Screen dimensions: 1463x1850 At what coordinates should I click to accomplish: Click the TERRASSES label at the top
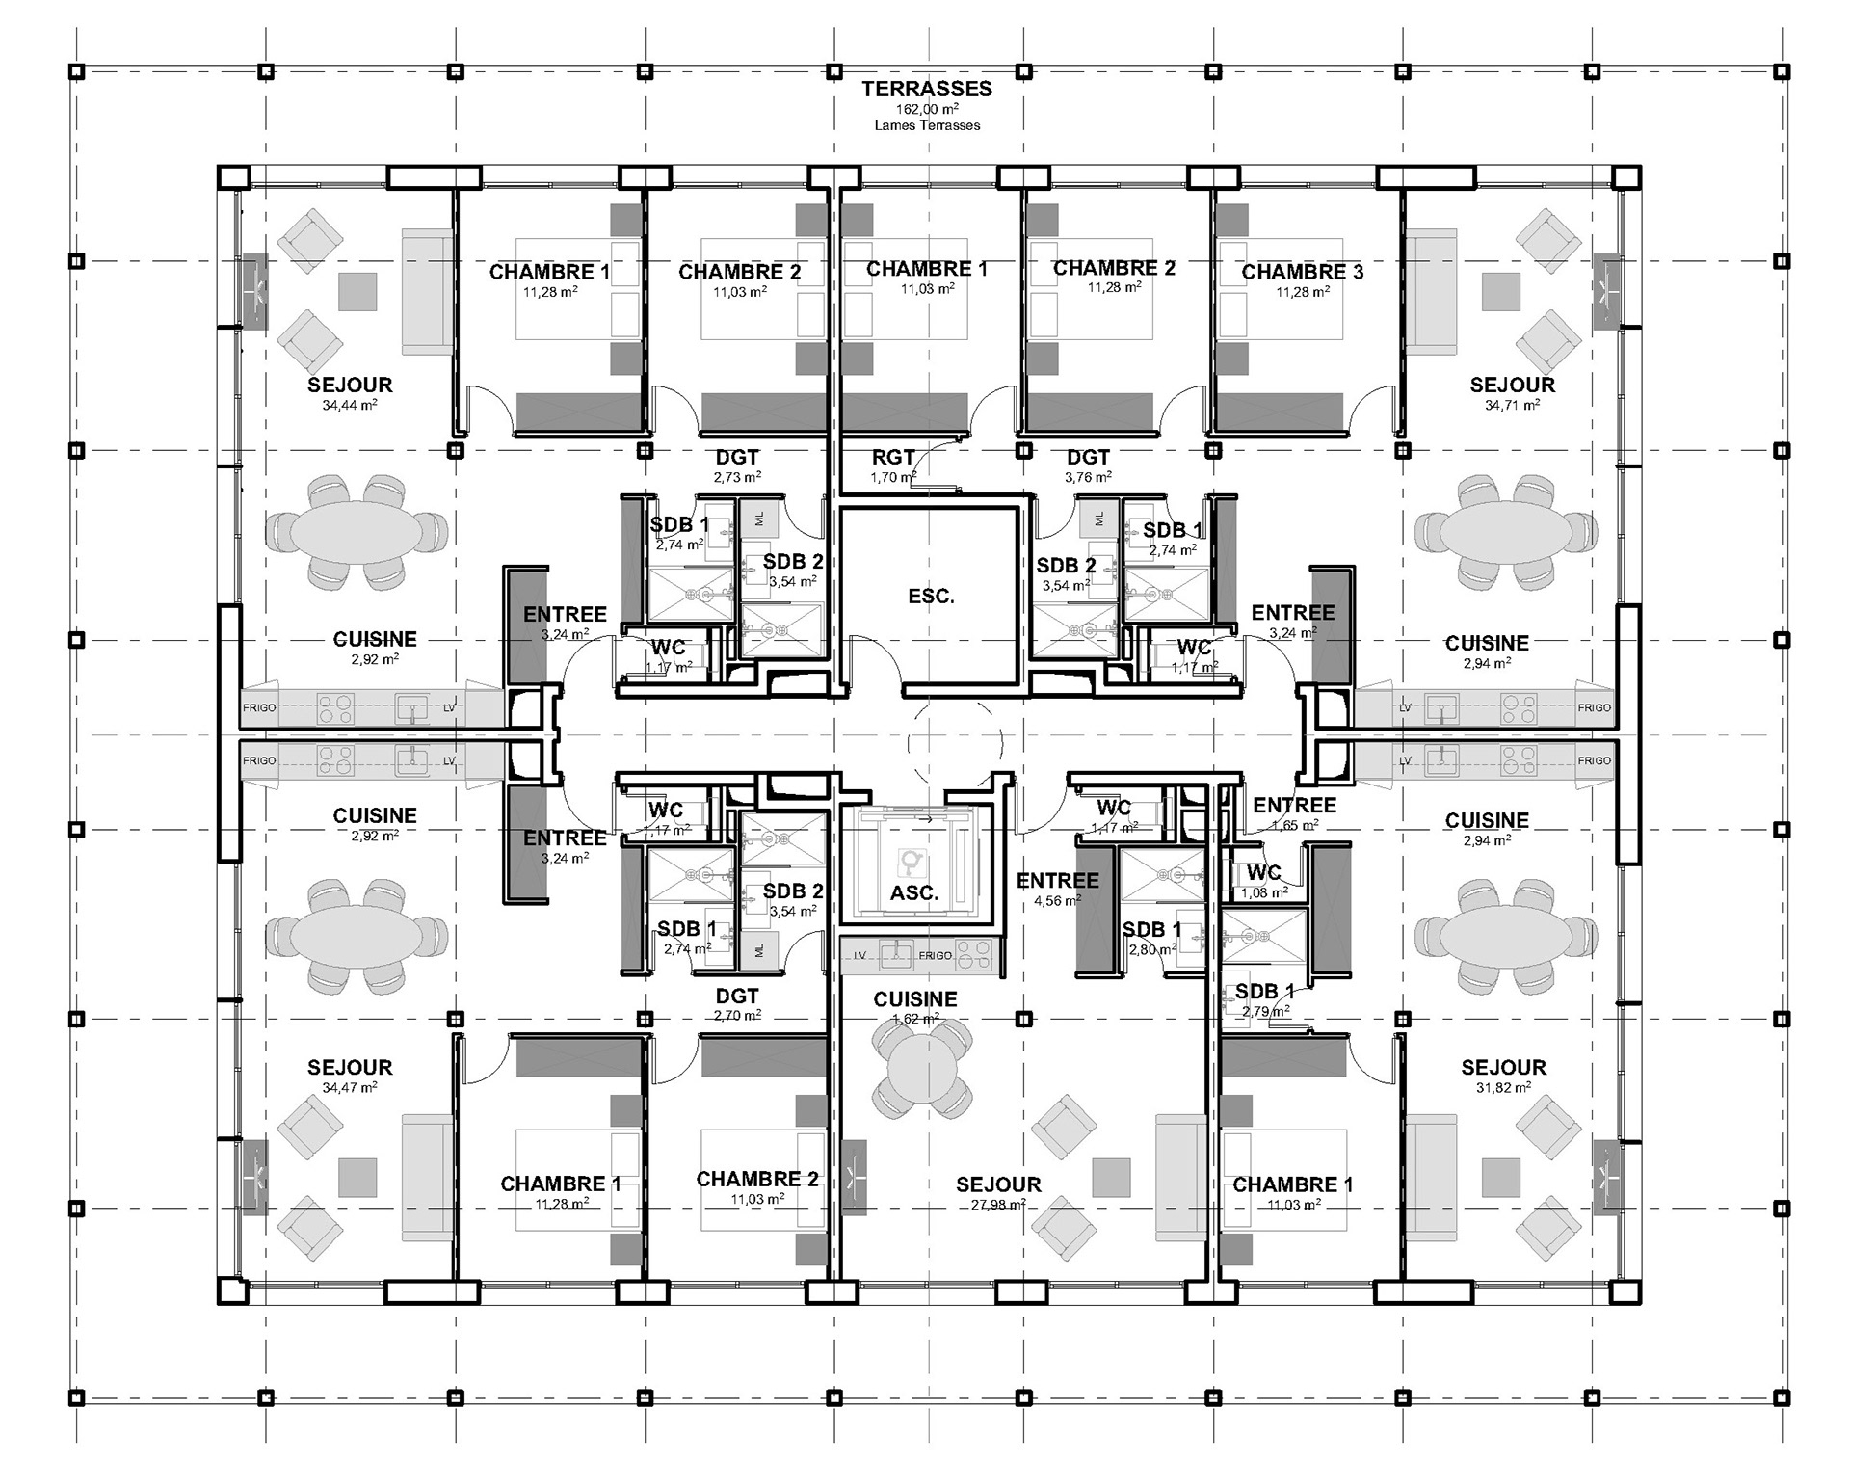click(926, 89)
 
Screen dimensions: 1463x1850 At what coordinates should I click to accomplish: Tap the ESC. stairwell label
click(931, 597)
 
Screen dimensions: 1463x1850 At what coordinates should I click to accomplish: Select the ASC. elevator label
click(913, 893)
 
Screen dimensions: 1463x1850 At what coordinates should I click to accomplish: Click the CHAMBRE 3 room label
click(1302, 272)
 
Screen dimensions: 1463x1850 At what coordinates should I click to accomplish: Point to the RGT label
click(893, 458)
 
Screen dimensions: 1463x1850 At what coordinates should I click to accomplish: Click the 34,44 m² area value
click(349, 406)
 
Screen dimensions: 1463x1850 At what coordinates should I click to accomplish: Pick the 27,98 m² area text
click(998, 1205)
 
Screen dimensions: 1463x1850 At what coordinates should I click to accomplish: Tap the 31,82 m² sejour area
click(1503, 1087)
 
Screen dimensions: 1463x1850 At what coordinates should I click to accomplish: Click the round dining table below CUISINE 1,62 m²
click(921, 1068)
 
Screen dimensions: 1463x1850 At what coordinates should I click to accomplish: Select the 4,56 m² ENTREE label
click(1057, 880)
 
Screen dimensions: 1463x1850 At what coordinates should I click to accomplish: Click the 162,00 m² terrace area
click(926, 109)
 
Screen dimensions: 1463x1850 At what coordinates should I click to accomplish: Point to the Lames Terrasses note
click(926, 125)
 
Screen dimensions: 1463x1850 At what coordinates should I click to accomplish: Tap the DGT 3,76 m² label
click(1088, 458)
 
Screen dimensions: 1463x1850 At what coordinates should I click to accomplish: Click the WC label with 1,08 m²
click(1263, 873)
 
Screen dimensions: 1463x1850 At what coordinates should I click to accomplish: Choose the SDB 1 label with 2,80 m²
click(1151, 930)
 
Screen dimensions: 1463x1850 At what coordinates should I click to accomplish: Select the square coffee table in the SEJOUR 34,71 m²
click(1500, 291)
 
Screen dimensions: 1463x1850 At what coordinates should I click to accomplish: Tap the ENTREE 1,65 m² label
click(1294, 806)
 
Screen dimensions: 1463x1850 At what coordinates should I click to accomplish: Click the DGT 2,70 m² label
click(737, 997)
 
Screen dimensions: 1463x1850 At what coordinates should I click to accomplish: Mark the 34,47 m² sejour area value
click(349, 1087)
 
